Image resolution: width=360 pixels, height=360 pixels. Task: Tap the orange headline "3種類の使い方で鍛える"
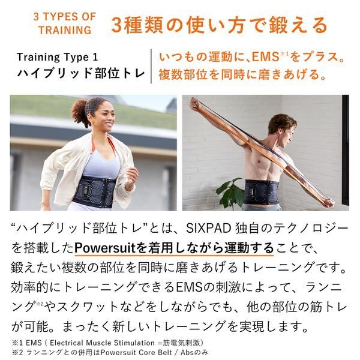220,25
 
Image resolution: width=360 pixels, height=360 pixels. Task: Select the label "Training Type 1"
56,58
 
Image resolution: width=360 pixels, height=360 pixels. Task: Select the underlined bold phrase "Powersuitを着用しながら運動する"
174,247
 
